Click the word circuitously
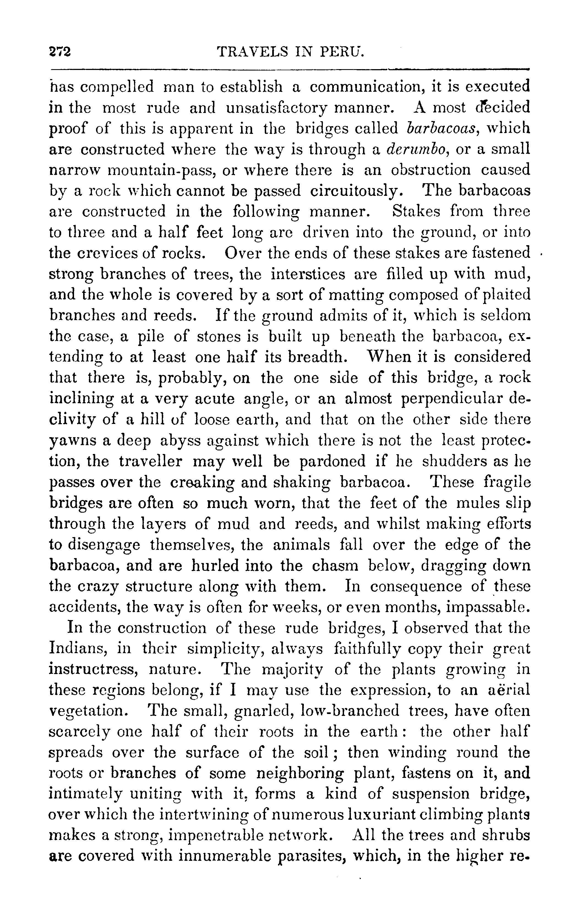pos(356,191)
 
